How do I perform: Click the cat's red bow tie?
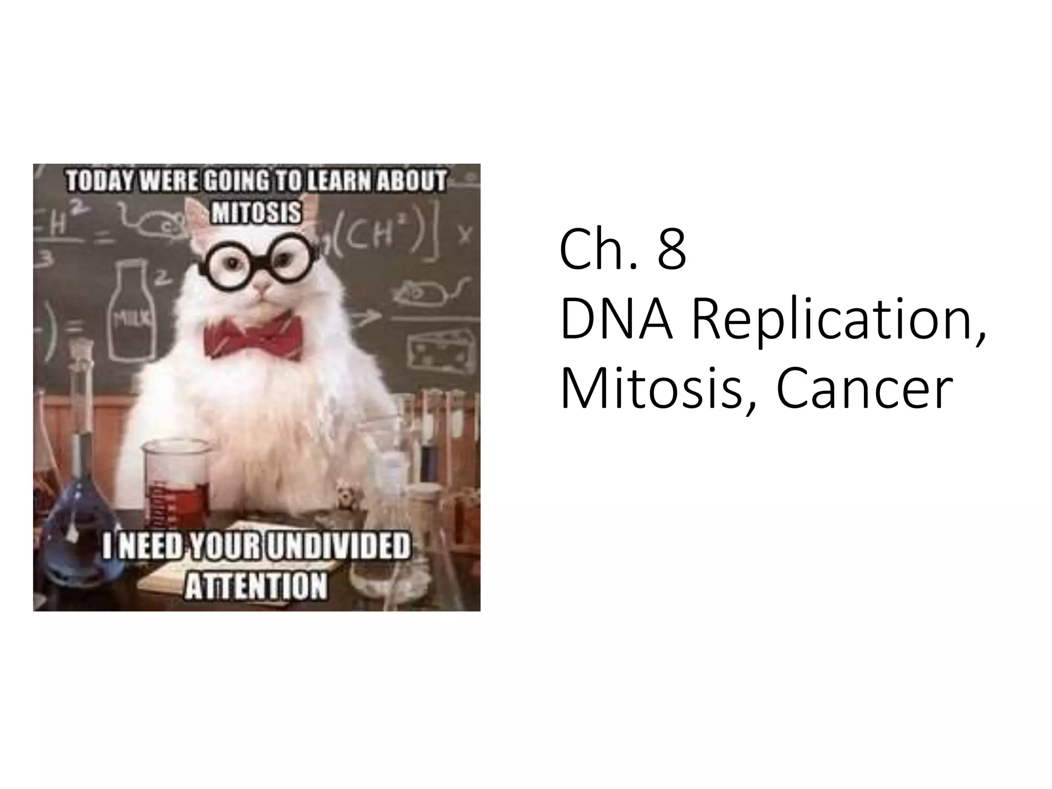(253, 336)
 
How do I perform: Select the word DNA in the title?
(616, 321)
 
